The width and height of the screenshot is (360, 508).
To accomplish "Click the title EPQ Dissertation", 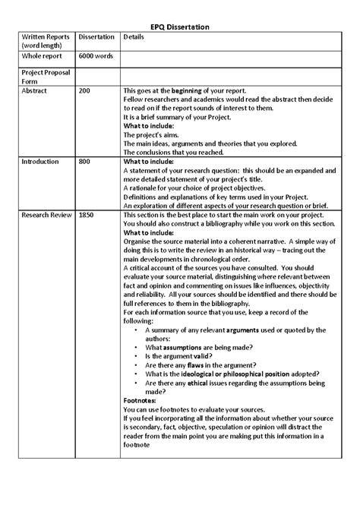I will (179, 27).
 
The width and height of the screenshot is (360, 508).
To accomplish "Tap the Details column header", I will (133, 36).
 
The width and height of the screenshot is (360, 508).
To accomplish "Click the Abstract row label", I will (34, 90).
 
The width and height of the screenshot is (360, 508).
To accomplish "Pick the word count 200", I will (86, 90).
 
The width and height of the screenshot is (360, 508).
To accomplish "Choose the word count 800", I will (86, 162).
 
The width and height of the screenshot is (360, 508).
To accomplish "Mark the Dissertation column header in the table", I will (96, 36).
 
